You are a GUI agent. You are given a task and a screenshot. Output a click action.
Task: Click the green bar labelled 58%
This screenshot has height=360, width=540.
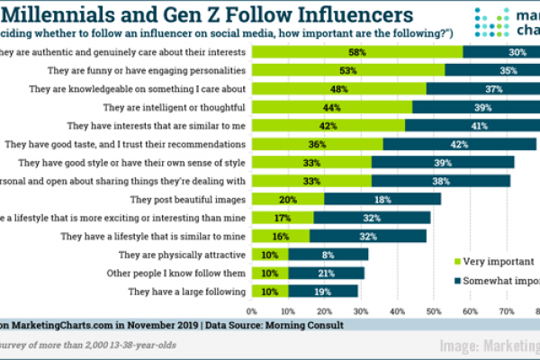pos(357,51)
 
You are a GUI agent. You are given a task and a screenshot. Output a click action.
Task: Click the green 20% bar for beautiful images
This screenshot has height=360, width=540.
pos(288,199)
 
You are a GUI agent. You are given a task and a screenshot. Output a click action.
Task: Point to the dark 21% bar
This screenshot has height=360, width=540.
pos(327,273)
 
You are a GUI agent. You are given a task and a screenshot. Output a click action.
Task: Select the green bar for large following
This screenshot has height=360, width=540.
pos(270,291)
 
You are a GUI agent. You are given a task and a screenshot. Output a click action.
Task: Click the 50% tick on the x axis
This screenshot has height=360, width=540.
pos(433,311)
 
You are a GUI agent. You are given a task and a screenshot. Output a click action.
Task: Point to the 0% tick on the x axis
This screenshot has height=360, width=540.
pos(252,311)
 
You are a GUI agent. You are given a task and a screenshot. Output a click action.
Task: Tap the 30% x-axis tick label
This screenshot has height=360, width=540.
pos(361,311)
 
